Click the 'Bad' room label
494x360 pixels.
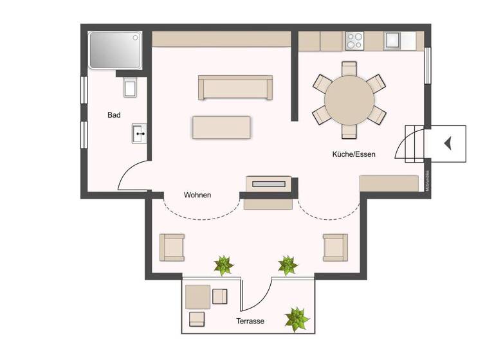(x=114, y=116)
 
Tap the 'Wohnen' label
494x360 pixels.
(x=197, y=195)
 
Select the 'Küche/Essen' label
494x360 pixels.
(x=354, y=154)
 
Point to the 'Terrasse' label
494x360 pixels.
(x=250, y=321)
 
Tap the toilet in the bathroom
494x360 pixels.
(x=131, y=87)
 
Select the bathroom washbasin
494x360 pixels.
(x=140, y=134)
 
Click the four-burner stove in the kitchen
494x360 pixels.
(x=354, y=40)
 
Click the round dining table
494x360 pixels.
(x=349, y=100)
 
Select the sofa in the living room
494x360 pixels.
(x=235, y=87)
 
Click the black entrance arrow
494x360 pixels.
(x=448, y=144)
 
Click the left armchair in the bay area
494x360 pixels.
(x=172, y=247)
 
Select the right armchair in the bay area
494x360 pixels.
(x=335, y=247)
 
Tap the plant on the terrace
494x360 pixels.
(x=297, y=318)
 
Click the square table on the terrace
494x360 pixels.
(x=197, y=296)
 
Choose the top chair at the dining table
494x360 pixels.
(x=349, y=69)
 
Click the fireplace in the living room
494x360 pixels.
(x=268, y=184)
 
